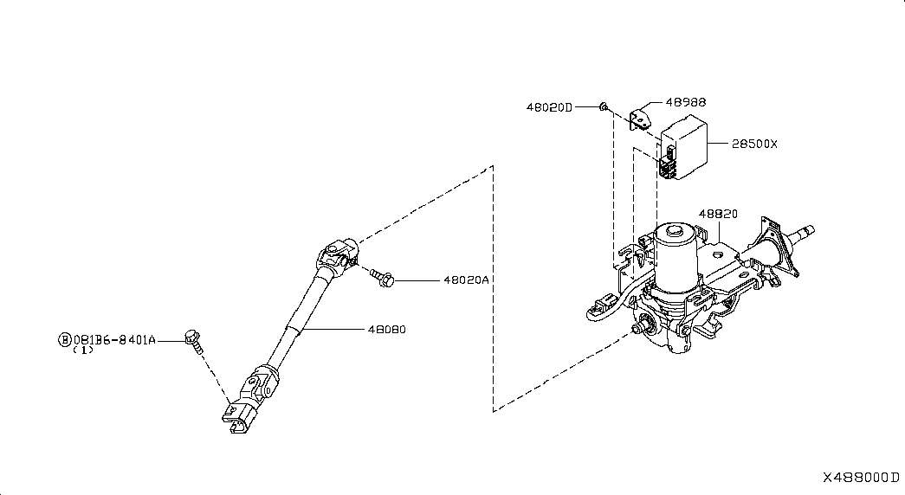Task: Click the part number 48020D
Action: point(549,107)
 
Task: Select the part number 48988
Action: point(685,102)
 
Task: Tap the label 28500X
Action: point(754,145)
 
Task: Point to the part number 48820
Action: point(718,213)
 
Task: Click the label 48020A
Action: point(466,280)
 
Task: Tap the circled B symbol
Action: point(64,339)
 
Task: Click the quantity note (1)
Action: point(83,350)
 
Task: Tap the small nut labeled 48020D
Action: point(604,107)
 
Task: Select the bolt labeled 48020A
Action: point(381,277)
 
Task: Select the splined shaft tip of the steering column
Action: point(802,231)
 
